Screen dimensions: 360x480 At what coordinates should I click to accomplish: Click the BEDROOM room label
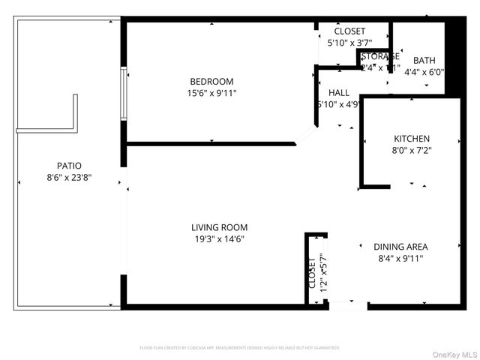[x=211, y=82]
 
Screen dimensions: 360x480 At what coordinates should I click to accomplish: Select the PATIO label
[x=69, y=166]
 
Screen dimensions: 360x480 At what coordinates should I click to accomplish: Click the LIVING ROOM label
[x=219, y=227]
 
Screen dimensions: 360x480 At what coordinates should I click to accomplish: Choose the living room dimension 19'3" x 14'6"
[x=219, y=239]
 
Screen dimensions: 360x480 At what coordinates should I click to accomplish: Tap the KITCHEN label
[x=412, y=139]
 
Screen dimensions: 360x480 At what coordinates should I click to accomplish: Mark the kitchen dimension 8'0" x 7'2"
[x=412, y=150]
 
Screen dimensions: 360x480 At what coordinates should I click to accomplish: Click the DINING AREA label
[x=400, y=246]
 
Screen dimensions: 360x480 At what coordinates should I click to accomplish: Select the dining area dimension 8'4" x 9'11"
[x=400, y=258]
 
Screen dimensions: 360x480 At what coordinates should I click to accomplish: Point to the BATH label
[x=424, y=61]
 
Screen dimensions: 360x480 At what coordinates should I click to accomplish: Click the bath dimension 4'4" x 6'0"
[x=424, y=73]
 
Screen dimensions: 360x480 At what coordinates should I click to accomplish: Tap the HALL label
[x=338, y=93]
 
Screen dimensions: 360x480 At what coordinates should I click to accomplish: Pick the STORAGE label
[x=380, y=56]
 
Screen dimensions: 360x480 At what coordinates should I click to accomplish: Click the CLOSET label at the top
[x=349, y=31]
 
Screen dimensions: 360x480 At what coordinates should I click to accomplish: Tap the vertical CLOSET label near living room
[x=311, y=274]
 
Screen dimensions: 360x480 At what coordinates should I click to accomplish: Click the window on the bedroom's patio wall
[x=124, y=94]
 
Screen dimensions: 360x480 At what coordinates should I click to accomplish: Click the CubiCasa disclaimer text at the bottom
[x=240, y=348]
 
